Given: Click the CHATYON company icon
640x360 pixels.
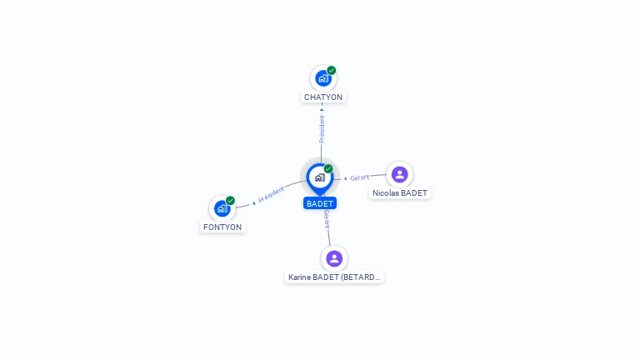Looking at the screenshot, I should [x=322, y=78].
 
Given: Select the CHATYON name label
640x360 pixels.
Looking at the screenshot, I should [x=323, y=97].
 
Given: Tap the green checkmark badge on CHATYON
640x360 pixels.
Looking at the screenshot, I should [x=332, y=71].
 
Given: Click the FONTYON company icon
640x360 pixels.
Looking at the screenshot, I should [x=222, y=208].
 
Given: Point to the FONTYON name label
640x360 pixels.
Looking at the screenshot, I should [x=222, y=227].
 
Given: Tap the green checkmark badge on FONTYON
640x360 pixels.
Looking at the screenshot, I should [x=231, y=201].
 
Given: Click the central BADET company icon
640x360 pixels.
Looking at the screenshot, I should [x=319, y=177].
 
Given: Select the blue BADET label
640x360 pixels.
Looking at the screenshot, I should [x=320, y=203].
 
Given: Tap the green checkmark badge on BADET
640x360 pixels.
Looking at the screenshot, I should [x=328, y=169].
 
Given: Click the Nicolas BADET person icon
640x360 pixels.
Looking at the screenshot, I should [x=399, y=174].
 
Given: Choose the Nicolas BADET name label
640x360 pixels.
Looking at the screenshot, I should [x=400, y=192].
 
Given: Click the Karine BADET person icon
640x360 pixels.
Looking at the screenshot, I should [x=334, y=258].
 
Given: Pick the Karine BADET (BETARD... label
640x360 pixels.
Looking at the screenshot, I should [x=334, y=277].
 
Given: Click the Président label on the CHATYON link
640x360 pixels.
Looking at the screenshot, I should [x=322, y=128].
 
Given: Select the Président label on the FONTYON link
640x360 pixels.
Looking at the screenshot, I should [x=272, y=196].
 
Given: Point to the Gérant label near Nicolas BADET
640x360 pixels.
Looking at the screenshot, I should [x=360, y=177].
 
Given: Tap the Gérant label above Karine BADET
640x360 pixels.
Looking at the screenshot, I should [x=327, y=219].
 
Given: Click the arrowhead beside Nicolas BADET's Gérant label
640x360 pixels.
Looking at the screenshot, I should [x=346, y=178].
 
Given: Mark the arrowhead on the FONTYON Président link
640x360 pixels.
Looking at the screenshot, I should [x=253, y=202].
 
